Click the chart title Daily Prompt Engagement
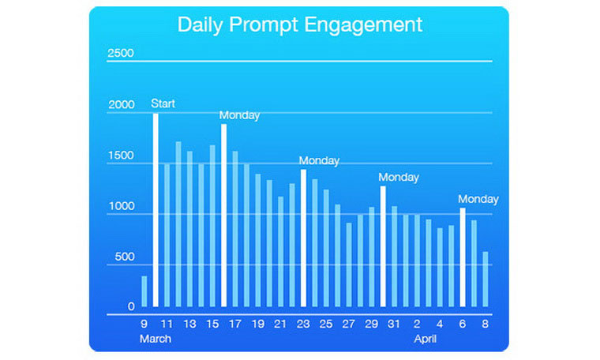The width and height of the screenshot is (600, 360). pos(299,24)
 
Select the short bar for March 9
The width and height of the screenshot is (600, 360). pos(144,291)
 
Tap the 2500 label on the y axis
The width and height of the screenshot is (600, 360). pos(121,54)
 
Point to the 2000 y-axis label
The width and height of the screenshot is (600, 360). pos(121,106)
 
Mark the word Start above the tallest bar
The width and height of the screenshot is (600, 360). pos(163,103)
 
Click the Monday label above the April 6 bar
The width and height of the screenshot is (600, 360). pos(478,199)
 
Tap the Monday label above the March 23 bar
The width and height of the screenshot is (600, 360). pos(319,160)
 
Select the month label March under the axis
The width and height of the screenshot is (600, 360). pos(155,339)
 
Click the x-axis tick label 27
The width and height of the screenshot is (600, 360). pos(349,324)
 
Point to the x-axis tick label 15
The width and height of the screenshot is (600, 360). pos(212,324)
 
